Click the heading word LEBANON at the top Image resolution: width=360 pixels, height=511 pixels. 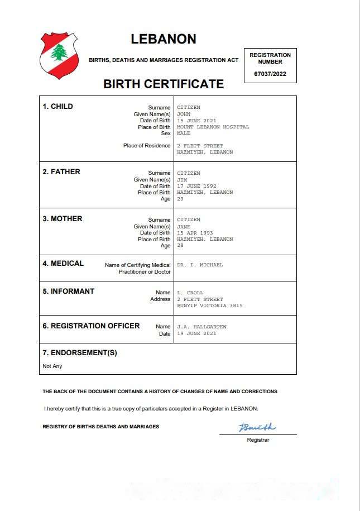(x=164, y=39)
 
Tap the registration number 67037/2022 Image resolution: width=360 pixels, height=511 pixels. (x=270, y=74)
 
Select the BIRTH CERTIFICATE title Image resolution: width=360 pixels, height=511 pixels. (x=164, y=84)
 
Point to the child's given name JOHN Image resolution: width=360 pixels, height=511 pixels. (x=184, y=114)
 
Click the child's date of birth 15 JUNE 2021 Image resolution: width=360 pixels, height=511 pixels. (x=196, y=121)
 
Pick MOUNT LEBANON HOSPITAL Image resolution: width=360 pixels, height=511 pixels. (x=213, y=127)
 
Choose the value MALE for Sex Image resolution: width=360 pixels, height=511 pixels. (x=184, y=133)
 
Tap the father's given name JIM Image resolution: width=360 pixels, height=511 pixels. (x=182, y=180)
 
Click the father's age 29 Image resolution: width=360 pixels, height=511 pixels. (x=180, y=199)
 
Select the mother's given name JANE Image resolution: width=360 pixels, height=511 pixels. (x=184, y=227)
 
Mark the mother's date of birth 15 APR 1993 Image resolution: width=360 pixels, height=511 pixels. (x=195, y=233)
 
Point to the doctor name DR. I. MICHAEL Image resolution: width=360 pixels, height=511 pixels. (x=200, y=265)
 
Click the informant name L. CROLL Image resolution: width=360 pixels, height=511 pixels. (x=190, y=293)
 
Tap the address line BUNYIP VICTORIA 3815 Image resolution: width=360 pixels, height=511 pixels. (x=209, y=305)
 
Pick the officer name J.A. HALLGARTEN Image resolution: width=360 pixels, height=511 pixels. (x=201, y=327)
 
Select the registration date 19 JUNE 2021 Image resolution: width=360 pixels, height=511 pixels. (x=196, y=333)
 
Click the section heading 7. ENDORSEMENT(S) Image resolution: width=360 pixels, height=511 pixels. (x=80, y=353)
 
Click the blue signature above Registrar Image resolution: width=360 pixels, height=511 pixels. (x=257, y=428)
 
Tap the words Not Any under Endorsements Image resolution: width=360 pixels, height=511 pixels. (x=52, y=366)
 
